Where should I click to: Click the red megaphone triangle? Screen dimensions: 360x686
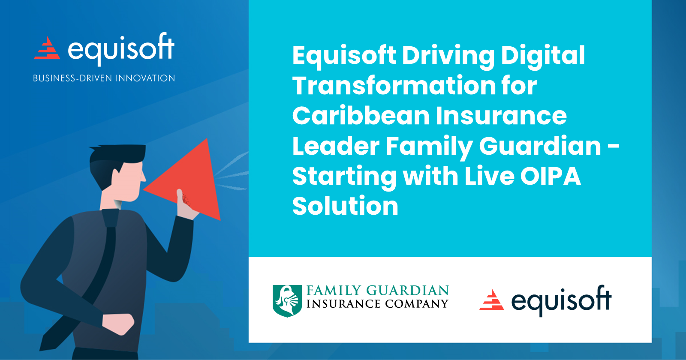189,180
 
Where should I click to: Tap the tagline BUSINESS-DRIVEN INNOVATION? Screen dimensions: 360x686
104,78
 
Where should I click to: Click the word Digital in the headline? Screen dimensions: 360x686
542,56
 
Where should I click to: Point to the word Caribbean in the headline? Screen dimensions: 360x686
361,116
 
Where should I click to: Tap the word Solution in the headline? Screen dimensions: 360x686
345,206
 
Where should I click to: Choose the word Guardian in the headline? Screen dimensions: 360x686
540,146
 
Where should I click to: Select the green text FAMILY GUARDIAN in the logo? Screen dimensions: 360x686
377,291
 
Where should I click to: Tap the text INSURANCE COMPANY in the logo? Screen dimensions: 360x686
377,304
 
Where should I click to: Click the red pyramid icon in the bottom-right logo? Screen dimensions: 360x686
492,300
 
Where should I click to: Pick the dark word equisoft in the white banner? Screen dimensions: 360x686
561,300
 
